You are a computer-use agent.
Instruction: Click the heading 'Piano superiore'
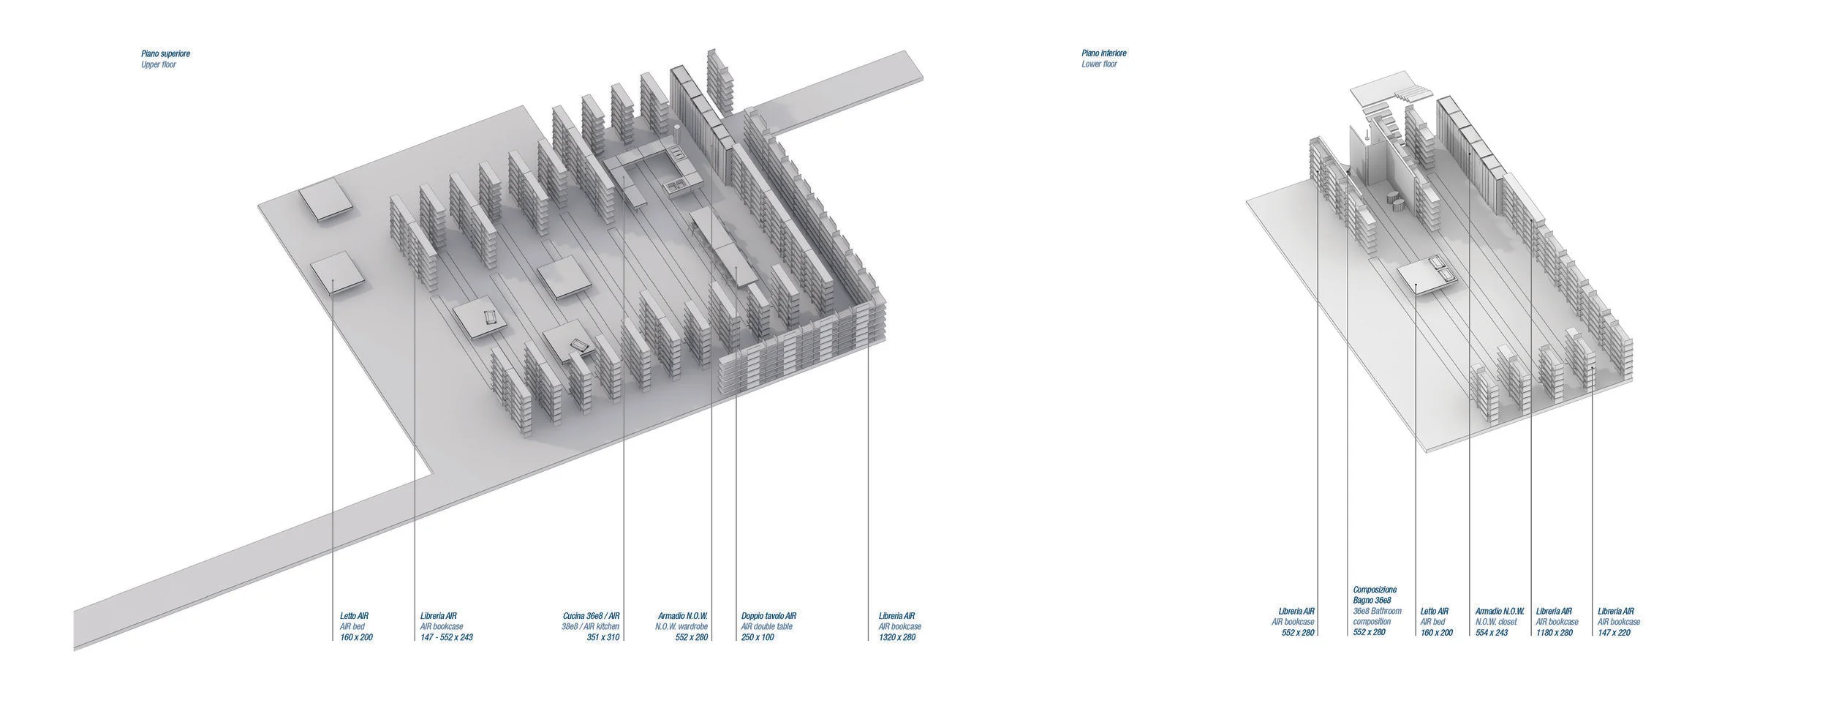pyautogui.click(x=165, y=54)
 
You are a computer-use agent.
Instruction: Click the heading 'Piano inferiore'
pyautogui.click(x=1104, y=53)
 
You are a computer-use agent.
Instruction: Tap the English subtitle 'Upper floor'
pyautogui.click(x=159, y=65)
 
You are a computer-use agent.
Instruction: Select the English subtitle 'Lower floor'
pyautogui.click(x=1099, y=64)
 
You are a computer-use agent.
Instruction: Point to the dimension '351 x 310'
pyautogui.click(x=603, y=637)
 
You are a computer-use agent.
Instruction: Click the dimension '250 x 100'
pyautogui.click(x=758, y=637)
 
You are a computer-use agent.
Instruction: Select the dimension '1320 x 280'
pyautogui.click(x=896, y=637)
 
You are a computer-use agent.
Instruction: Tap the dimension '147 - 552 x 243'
pyautogui.click(x=446, y=637)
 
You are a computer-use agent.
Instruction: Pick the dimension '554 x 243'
pyautogui.click(x=1492, y=632)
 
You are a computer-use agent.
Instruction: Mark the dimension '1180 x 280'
pyautogui.click(x=1554, y=632)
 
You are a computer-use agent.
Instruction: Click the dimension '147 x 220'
pyautogui.click(x=1614, y=632)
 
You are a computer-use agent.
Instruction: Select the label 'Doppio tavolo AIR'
pyautogui.click(x=768, y=616)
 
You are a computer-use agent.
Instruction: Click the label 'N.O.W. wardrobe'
pyautogui.click(x=681, y=627)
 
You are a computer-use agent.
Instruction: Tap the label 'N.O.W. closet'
pyautogui.click(x=1496, y=622)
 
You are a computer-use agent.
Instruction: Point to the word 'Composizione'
pyautogui.click(x=1375, y=590)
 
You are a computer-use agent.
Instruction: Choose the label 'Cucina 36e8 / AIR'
pyautogui.click(x=592, y=616)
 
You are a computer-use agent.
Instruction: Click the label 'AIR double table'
pyautogui.click(x=766, y=627)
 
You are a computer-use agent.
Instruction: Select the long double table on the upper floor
pyautogui.click(x=723, y=245)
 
